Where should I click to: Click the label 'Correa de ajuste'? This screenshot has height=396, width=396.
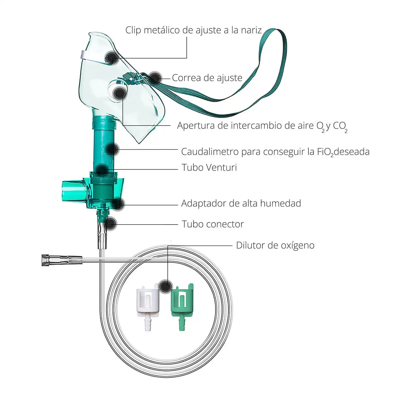207,78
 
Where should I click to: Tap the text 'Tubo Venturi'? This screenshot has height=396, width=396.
209,167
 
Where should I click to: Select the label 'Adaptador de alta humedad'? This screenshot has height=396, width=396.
241,203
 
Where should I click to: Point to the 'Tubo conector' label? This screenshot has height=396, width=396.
213,224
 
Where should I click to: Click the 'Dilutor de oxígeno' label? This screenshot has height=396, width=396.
275,245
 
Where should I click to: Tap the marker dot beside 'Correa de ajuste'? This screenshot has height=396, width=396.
155,78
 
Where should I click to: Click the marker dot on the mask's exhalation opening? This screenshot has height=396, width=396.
120,94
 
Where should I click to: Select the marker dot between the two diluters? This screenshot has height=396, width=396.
166,286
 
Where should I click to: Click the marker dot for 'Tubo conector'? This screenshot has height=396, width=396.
110,223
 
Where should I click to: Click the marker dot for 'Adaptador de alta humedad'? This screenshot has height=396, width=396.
118,204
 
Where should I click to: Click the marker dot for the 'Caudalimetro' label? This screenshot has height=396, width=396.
112,149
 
